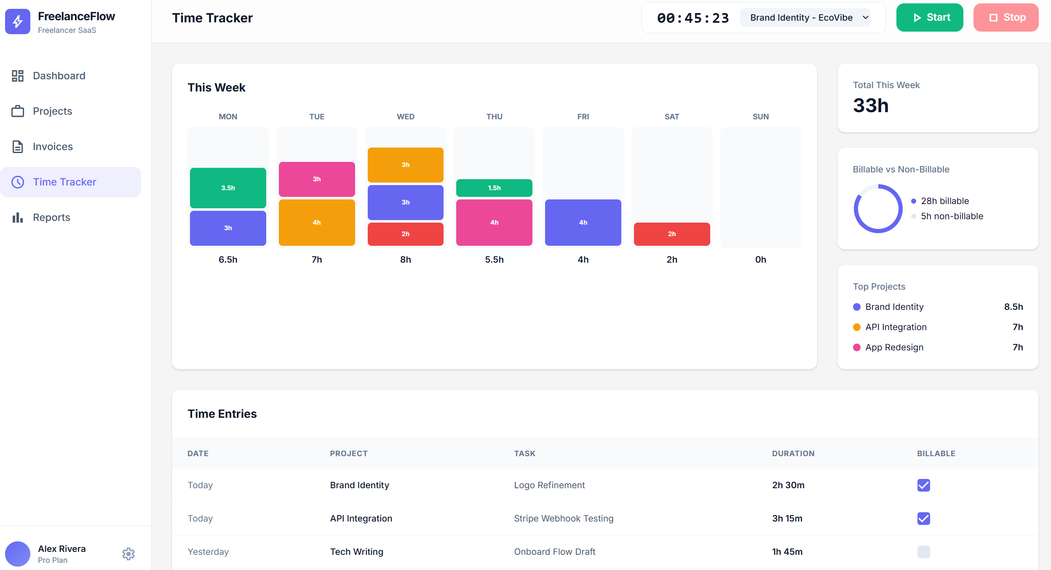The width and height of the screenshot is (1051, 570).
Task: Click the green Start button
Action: point(929,18)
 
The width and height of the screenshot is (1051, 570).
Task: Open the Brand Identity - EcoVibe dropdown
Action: point(805,18)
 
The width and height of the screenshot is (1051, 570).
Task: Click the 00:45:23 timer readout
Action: point(693,18)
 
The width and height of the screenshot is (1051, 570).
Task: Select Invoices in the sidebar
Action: point(53,147)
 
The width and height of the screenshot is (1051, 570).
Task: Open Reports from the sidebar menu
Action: point(51,218)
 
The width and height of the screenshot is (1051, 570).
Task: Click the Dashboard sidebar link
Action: point(59,76)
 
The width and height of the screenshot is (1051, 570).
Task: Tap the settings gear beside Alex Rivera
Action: point(128,554)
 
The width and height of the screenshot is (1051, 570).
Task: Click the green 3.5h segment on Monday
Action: point(228,188)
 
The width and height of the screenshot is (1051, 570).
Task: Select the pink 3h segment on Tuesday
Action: point(317,179)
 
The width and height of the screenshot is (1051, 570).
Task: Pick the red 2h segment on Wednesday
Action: point(405,234)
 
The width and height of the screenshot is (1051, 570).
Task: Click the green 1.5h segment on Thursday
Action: point(494,188)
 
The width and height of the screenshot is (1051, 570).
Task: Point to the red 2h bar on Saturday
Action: point(671,234)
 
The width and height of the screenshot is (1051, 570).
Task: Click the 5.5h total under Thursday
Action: point(494,260)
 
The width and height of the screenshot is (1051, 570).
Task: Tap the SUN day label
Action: point(760,117)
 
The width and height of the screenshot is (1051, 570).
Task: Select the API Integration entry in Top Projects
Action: point(896,327)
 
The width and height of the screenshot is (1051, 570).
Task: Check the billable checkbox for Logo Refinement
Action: point(923,485)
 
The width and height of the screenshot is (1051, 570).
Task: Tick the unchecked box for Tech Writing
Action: point(923,552)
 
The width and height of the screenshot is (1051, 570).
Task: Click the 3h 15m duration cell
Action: point(787,519)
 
